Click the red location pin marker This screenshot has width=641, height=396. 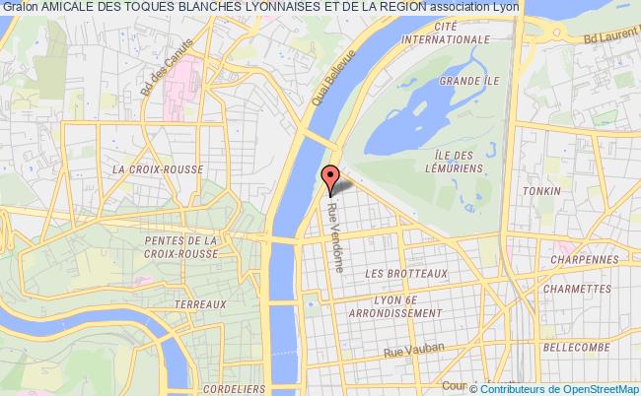coord(331,177)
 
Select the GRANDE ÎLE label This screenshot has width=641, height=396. coord(462,80)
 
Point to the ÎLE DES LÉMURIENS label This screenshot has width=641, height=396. coord(456,162)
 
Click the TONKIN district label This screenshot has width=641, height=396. coord(543,191)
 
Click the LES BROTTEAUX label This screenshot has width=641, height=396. coord(405,273)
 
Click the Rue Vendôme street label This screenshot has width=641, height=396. coord(336,226)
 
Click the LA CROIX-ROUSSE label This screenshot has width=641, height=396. coord(158,168)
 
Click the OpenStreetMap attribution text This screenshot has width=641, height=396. coord(592,388)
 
